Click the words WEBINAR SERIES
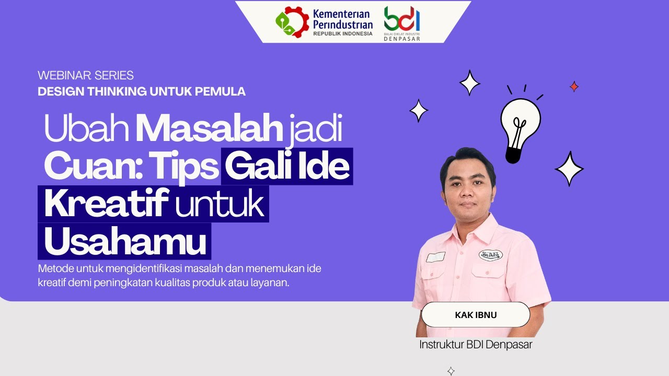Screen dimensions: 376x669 (x=86, y=75)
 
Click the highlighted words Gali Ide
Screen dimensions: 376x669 (x=287, y=166)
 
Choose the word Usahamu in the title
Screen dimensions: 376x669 (x=125, y=242)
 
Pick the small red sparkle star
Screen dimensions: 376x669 (x=574, y=87)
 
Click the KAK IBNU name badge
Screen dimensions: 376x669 (x=476, y=315)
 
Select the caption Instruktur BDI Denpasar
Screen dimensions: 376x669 (x=476, y=345)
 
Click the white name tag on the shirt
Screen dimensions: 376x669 (x=435, y=257)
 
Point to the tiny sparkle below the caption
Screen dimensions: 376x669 (x=451, y=371)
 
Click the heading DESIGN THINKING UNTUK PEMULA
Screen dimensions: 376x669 (x=142, y=91)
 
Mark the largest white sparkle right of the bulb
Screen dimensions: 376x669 (x=569, y=169)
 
